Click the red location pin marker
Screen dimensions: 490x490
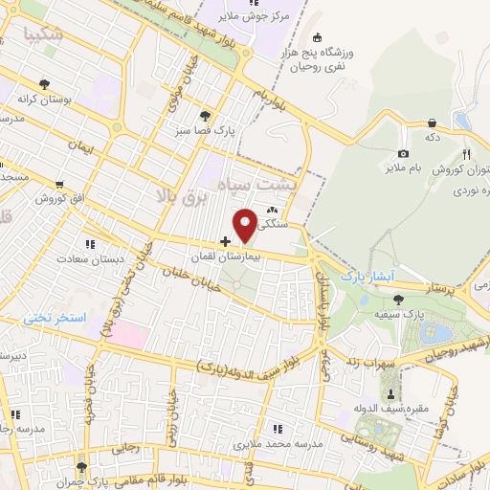pos(246,224)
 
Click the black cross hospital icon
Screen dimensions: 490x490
pos(226,241)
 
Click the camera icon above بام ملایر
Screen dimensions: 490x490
pos(403,154)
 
